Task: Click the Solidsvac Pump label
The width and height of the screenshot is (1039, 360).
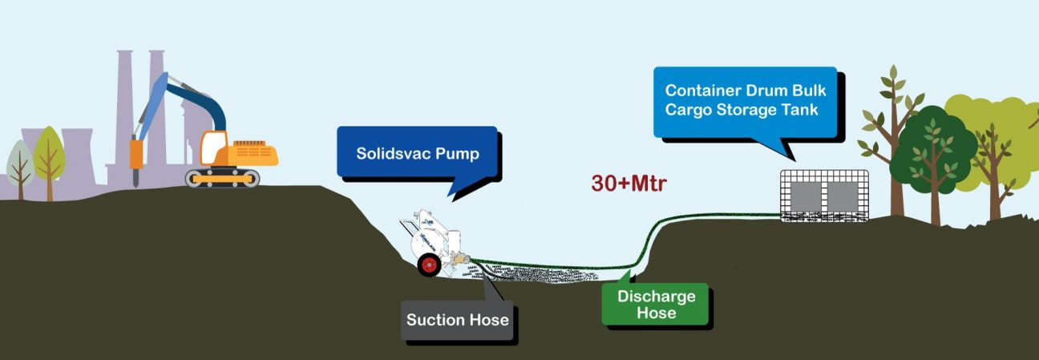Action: [x=417, y=153]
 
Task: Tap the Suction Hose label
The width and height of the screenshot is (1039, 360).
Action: [x=457, y=320]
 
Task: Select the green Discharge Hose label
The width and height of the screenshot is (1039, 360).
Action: [x=656, y=304]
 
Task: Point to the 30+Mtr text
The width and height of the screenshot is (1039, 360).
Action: [x=629, y=183]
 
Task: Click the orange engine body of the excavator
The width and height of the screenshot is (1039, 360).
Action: [x=253, y=152]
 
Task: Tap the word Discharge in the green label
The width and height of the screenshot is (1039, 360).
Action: [x=656, y=297]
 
